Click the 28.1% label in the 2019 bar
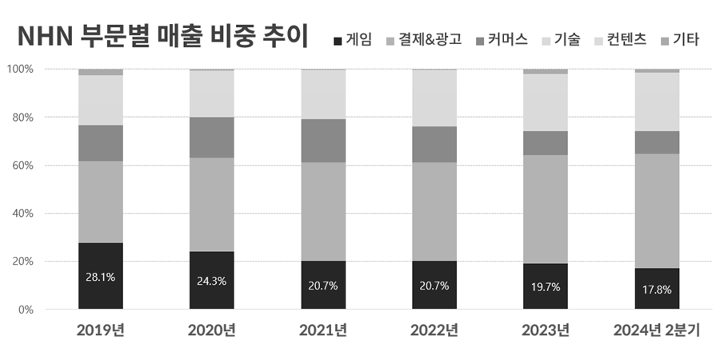point(101,278)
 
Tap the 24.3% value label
point(211,282)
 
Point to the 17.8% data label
point(657,290)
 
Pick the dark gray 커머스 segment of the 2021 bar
point(323,141)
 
